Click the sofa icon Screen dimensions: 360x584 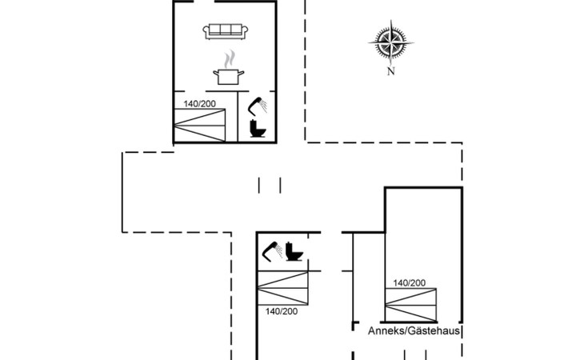227,30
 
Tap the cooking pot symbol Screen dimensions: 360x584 227,76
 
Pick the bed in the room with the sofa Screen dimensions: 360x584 206,126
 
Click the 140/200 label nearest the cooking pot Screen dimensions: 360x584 200,104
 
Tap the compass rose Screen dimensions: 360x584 391,43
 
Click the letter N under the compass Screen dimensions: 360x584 391,71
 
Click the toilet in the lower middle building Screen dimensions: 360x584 294,250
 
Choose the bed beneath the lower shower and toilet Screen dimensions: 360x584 282,288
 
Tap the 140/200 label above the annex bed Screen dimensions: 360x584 409,282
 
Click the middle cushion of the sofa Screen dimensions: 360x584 227,30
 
